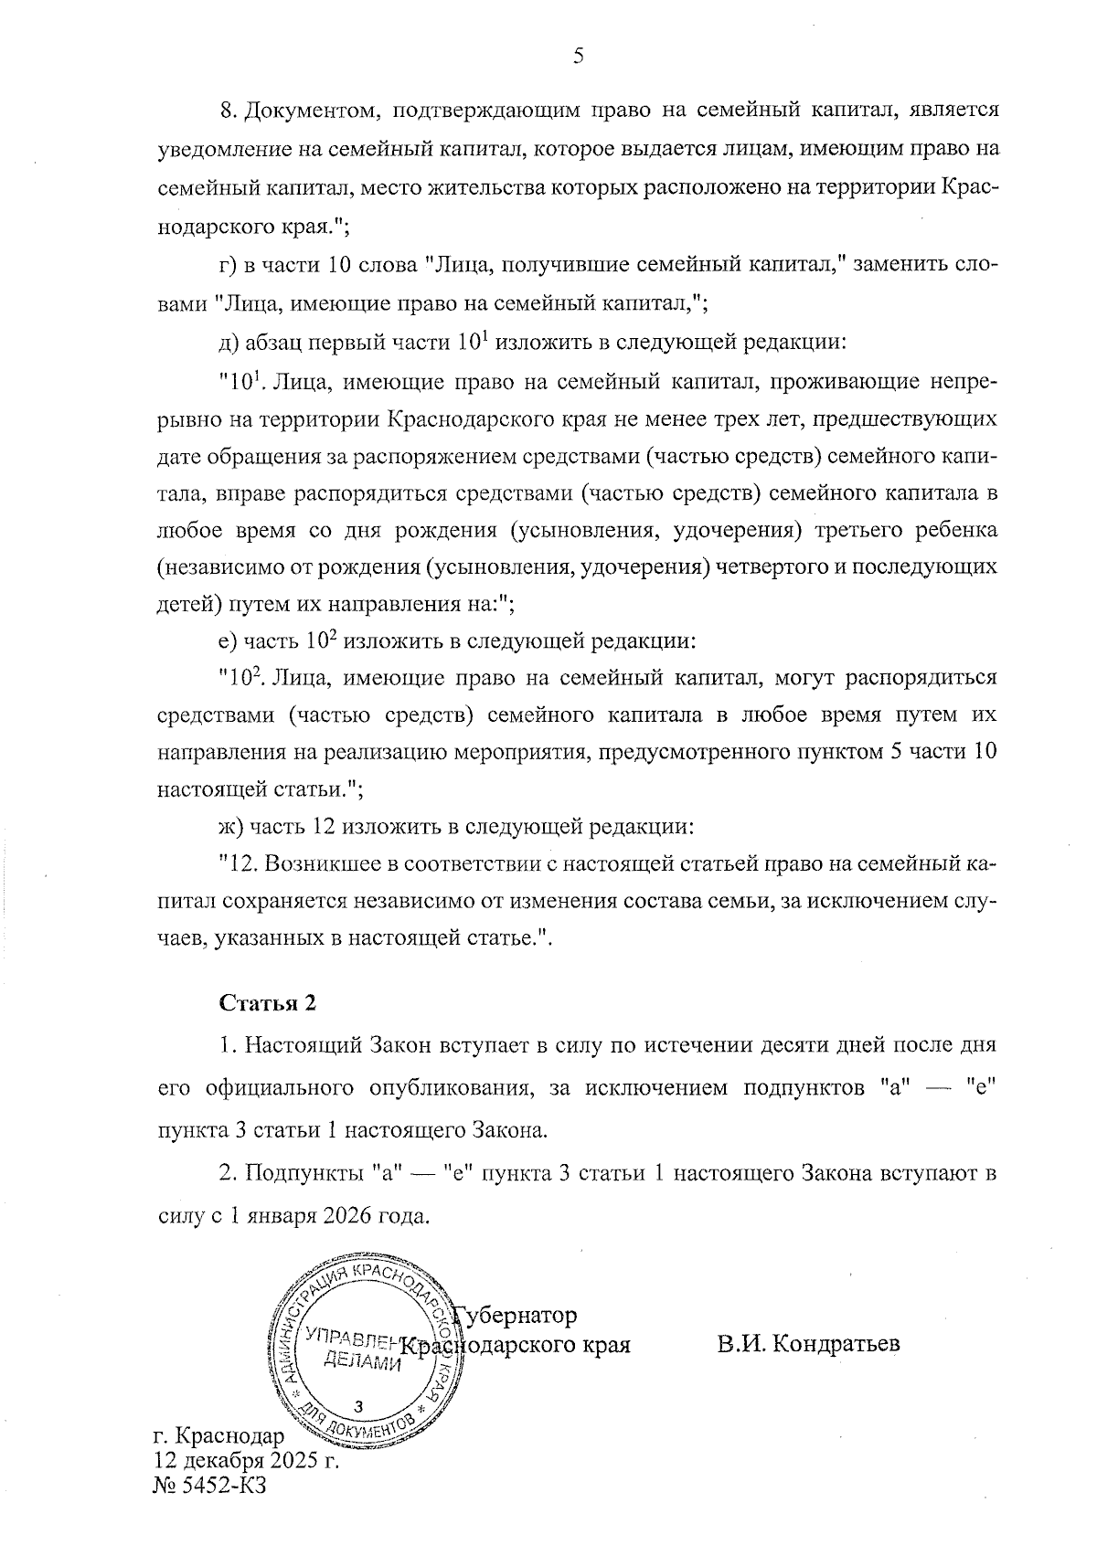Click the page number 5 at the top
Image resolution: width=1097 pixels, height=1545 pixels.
577,57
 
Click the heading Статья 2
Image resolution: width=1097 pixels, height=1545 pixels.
268,1002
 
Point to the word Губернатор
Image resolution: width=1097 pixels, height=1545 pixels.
519,1316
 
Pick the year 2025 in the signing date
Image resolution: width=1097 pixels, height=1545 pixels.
287,1459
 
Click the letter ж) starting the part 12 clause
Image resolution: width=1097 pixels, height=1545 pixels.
228,828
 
